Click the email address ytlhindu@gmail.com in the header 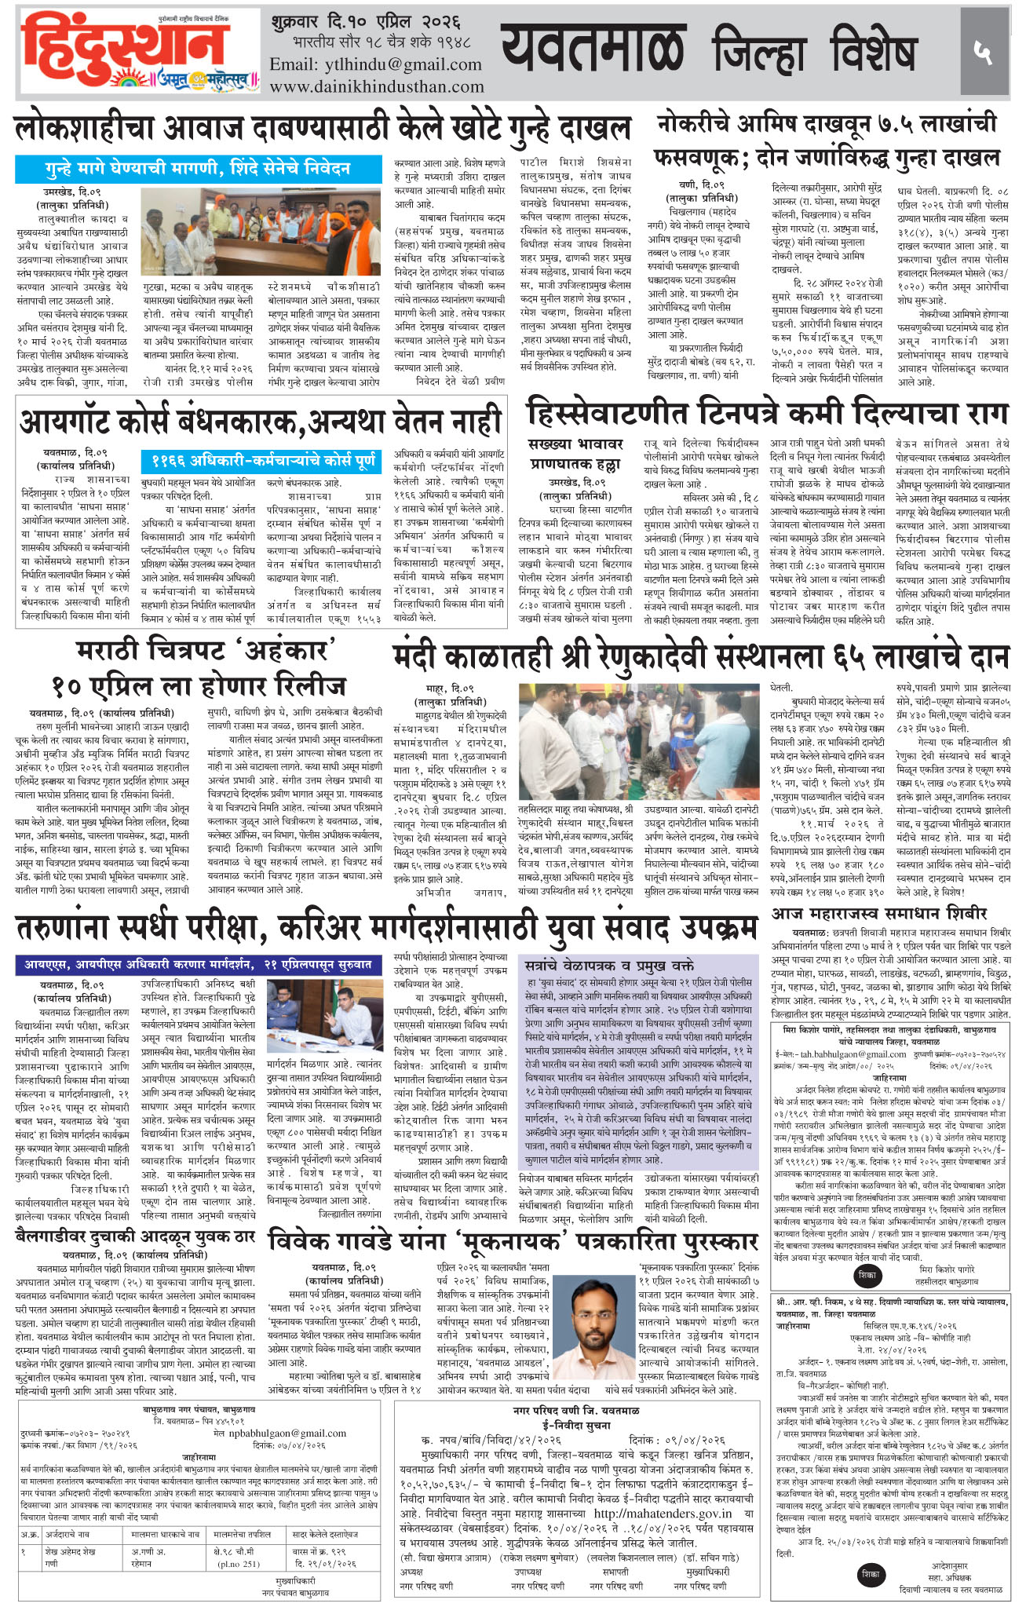coord(376,64)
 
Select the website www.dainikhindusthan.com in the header coord(377,86)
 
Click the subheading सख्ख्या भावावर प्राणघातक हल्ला coord(576,454)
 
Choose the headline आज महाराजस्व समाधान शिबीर coord(879,914)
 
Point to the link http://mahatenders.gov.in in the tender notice coord(663,1513)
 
